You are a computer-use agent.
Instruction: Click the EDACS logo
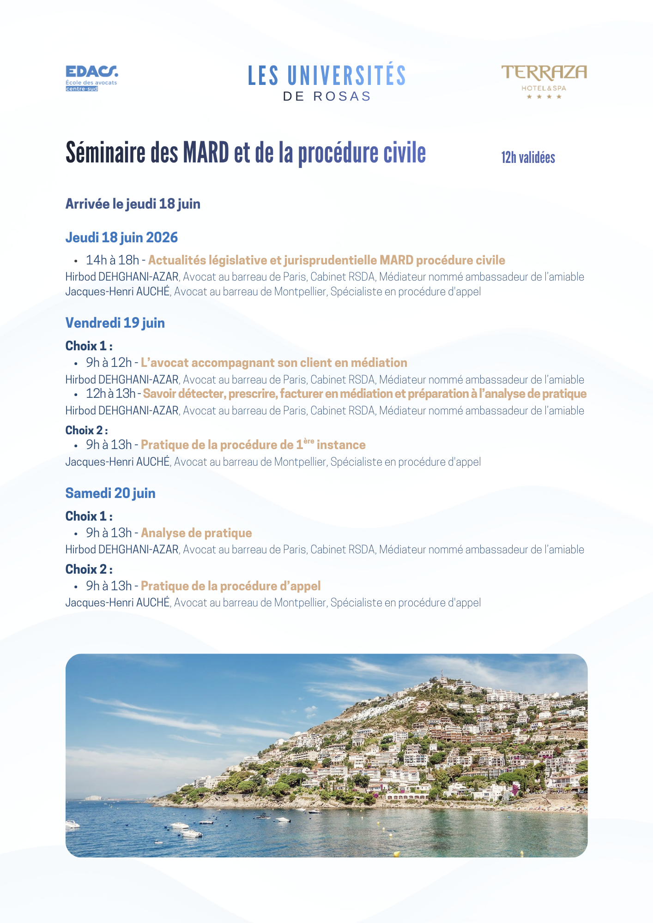[91, 78]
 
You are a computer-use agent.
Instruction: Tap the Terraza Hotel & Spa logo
[544, 81]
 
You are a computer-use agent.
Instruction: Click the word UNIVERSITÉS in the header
[346, 76]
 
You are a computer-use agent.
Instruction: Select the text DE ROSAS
[327, 96]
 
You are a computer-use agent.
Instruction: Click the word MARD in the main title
[206, 153]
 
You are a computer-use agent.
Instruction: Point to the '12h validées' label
[528, 158]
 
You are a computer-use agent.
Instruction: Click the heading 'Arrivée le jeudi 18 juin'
[133, 204]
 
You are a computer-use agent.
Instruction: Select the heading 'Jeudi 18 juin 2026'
[121, 238]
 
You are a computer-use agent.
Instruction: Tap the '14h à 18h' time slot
[112, 260]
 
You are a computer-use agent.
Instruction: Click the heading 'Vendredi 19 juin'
[115, 323]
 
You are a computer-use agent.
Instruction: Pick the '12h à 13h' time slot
[110, 394]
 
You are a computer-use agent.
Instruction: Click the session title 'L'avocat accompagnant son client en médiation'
[274, 363]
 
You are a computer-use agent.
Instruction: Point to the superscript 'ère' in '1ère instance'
[309, 441]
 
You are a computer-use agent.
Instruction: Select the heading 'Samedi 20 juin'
[110, 493]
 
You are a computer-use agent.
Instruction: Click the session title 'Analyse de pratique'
[196, 533]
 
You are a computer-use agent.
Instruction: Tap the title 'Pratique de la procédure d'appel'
[230, 586]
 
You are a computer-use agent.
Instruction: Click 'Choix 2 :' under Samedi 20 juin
[89, 569]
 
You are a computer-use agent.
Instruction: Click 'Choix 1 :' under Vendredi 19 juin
[89, 346]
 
